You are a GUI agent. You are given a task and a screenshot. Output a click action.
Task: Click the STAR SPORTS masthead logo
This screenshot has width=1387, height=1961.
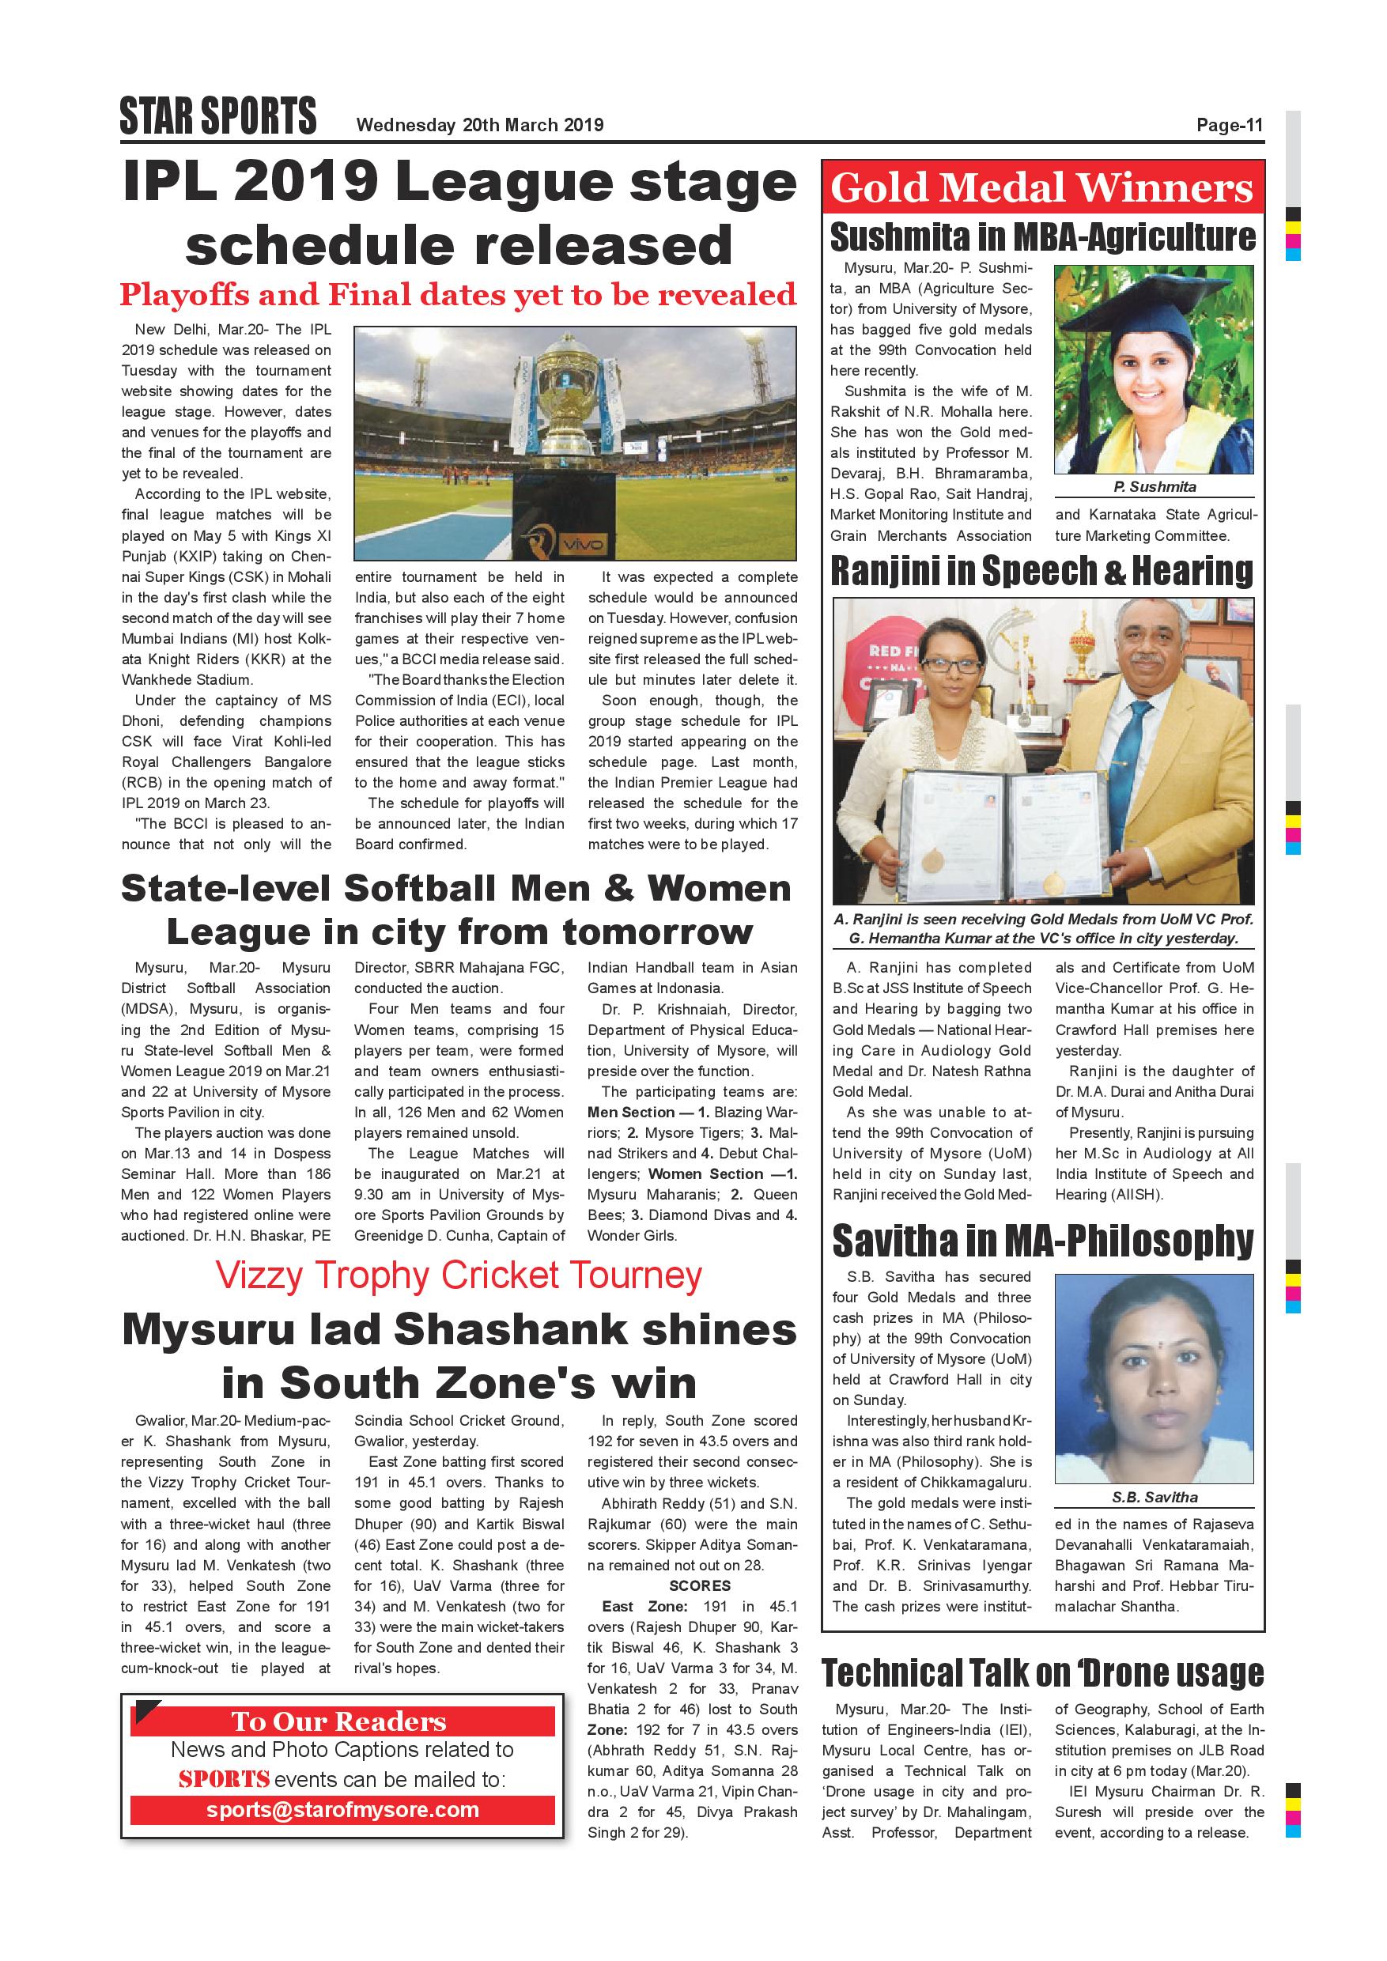point(217,116)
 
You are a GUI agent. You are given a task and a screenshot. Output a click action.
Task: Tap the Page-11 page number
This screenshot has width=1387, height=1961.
point(1229,126)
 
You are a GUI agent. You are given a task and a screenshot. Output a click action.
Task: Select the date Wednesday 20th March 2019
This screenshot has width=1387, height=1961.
point(479,126)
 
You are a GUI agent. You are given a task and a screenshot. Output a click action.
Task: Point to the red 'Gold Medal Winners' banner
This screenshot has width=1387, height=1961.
point(1042,187)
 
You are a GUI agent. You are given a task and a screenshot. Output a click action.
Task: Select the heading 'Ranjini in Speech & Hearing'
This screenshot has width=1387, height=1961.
point(1042,572)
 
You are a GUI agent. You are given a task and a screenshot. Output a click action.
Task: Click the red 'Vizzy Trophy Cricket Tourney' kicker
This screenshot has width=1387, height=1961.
point(459,1276)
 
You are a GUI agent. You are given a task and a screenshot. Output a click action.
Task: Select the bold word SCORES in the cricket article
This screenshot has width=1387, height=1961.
point(700,1585)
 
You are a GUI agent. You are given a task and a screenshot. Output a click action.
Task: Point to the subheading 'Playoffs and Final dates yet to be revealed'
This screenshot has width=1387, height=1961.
point(458,295)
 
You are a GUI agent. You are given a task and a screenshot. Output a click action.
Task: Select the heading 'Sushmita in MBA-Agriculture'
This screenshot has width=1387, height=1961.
point(1042,237)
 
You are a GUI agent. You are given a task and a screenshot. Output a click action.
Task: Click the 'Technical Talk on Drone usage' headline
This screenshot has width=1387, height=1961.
point(1042,1673)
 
